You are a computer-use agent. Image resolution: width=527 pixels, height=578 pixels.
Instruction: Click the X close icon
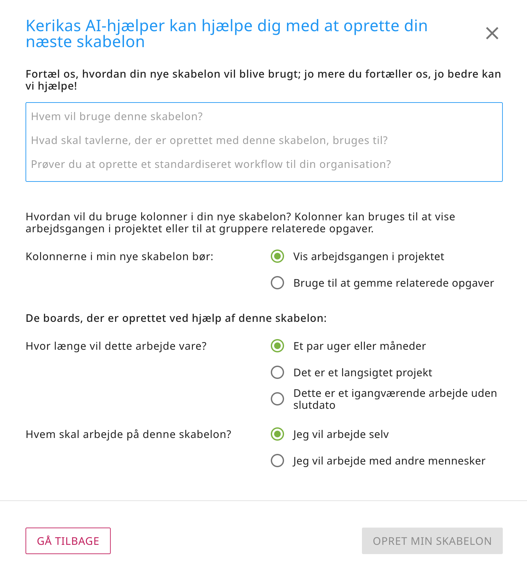(492, 33)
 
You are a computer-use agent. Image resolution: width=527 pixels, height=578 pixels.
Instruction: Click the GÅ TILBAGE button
(68, 541)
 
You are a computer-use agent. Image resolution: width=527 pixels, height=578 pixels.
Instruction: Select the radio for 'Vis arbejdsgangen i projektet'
(277, 256)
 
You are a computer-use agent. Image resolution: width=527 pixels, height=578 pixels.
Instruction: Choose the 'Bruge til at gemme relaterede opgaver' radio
(277, 283)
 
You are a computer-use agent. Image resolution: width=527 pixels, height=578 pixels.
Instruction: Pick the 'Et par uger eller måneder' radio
(277, 346)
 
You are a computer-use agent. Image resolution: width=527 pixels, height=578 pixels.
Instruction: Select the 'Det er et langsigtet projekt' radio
(277, 372)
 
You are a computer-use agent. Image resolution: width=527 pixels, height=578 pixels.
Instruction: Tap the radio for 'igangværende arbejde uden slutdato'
(277, 399)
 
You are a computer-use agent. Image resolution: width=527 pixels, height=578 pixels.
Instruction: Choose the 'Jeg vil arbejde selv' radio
(277, 434)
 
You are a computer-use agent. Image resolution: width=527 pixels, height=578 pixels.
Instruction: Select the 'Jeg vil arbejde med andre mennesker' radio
(277, 461)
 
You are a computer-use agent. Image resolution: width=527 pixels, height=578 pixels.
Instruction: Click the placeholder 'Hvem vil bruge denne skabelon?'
(117, 116)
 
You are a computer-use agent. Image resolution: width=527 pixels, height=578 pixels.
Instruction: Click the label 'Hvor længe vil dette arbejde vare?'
(116, 346)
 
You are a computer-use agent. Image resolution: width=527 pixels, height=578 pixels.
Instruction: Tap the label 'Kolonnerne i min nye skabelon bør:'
(119, 256)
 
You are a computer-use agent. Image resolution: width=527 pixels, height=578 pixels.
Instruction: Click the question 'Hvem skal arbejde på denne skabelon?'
(128, 434)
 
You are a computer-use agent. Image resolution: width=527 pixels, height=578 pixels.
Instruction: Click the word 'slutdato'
(314, 405)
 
